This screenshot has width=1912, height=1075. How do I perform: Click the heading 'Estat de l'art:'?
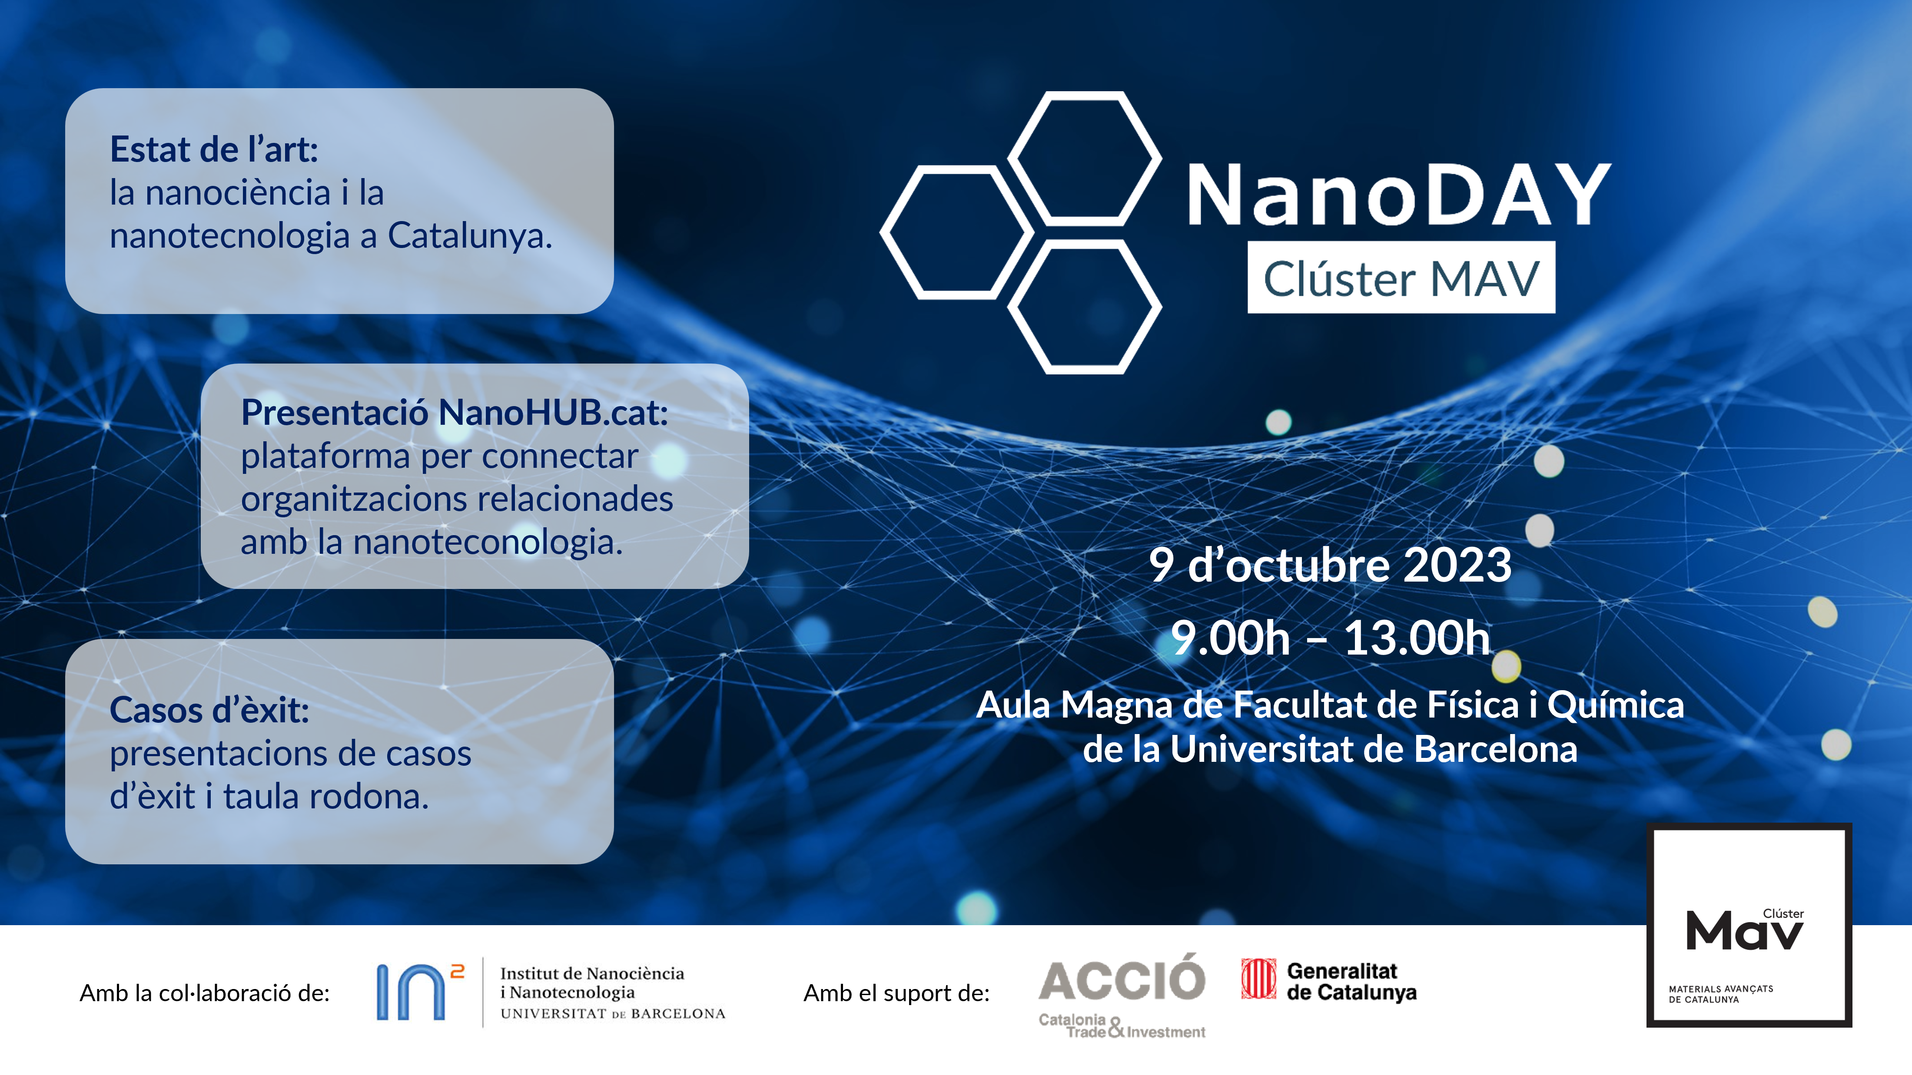(x=214, y=149)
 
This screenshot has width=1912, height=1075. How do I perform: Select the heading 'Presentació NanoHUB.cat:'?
(x=454, y=413)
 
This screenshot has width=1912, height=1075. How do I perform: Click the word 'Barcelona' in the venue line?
(x=1496, y=749)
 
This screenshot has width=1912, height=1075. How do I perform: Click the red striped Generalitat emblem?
(x=1259, y=979)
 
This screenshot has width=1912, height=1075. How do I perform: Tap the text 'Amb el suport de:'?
(x=896, y=992)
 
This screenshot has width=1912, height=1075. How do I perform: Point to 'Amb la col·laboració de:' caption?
(x=205, y=992)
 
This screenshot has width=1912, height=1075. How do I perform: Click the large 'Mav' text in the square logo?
(x=1743, y=931)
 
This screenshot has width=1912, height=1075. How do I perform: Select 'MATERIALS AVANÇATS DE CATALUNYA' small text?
(x=1720, y=994)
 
